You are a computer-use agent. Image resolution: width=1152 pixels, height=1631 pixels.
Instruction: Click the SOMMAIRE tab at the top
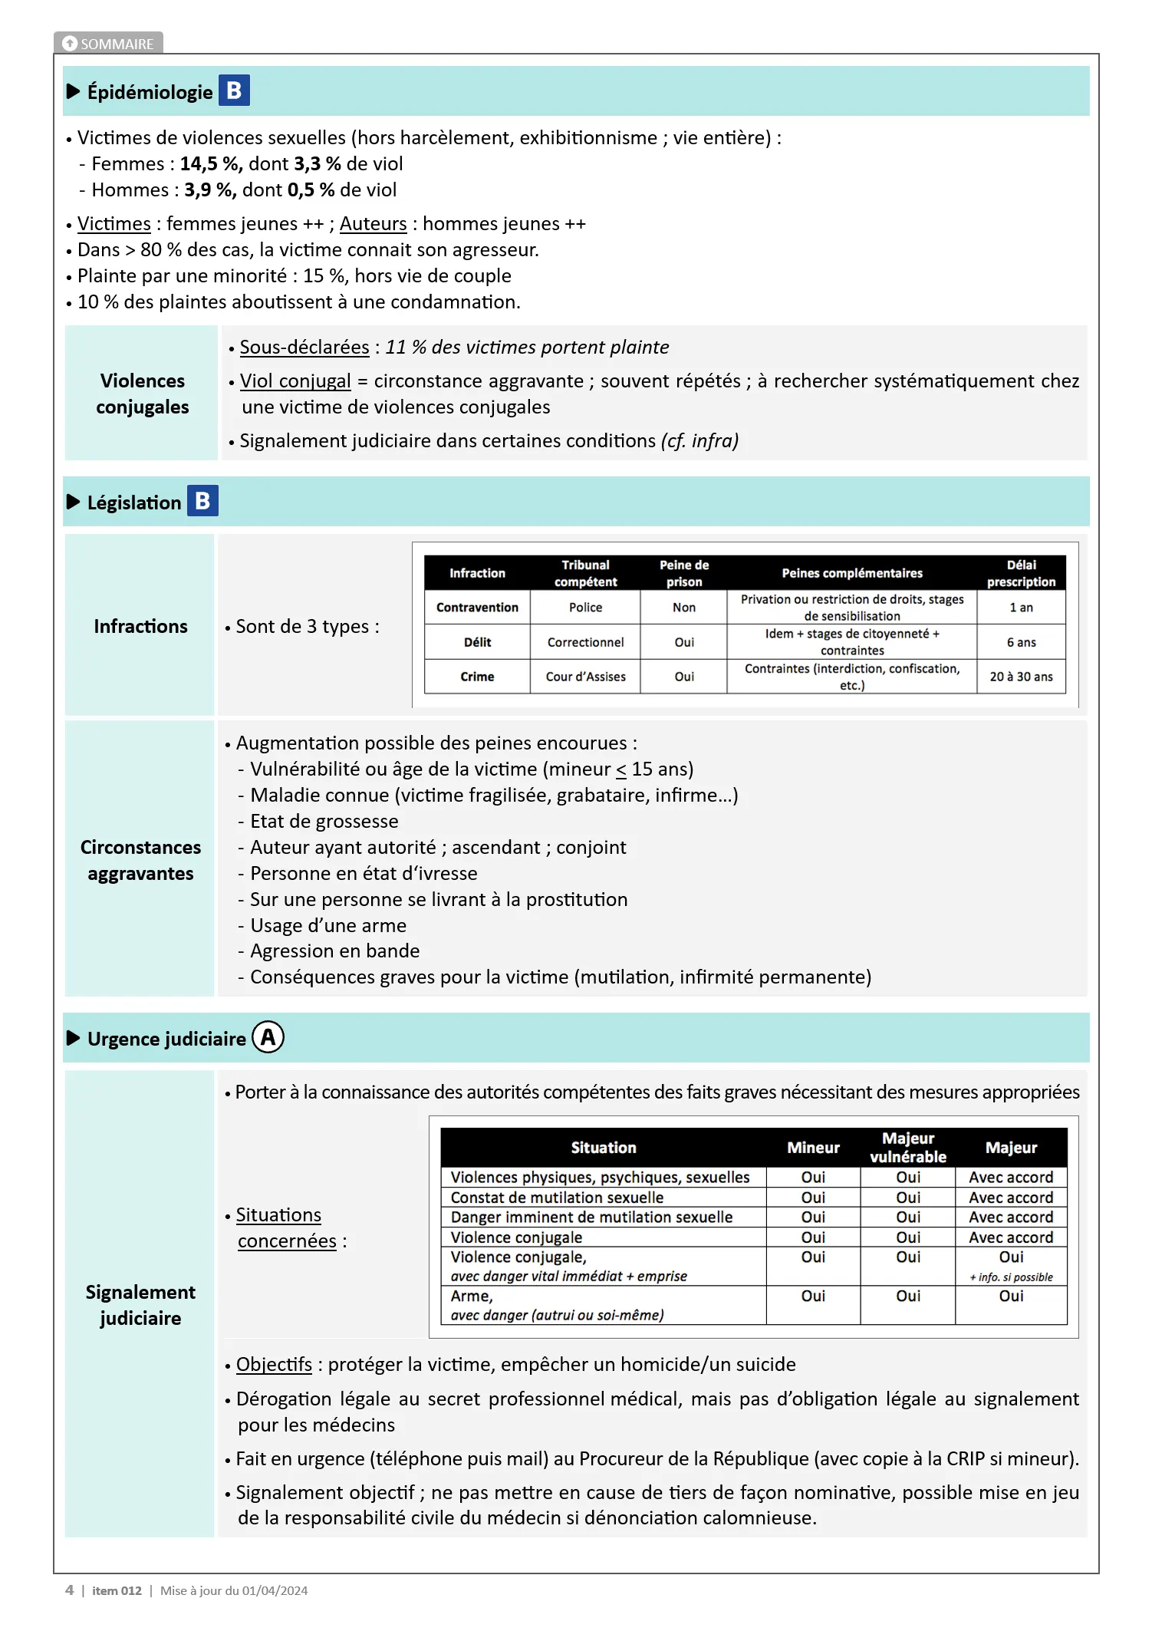pos(108,44)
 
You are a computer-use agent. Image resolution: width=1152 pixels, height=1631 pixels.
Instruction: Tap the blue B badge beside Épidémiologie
pos(234,91)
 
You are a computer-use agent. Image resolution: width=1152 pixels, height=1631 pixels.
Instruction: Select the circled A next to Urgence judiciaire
pos(268,1037)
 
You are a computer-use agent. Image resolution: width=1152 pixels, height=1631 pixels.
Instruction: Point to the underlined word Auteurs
pos(373,224)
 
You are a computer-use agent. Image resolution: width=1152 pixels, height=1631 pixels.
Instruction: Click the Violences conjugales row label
pos(143,394)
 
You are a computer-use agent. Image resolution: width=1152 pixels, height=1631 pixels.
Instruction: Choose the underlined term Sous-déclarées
pos(304,348)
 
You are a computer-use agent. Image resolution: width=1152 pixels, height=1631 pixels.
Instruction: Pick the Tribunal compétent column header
pos(585,573)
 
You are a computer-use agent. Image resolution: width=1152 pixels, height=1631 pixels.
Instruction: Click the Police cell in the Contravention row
pos(585,608)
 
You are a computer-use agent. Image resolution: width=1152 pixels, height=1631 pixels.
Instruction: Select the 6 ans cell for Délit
pos(1021,642)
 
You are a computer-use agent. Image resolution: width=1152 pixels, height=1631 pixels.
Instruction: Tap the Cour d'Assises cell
pos(585,677)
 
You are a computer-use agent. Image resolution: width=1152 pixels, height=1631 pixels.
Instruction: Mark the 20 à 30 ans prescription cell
pos(1021,677)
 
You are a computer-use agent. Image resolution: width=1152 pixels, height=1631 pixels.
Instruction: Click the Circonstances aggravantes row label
pos(140,860)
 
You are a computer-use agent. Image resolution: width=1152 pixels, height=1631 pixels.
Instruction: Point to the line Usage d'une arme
pos(328,926)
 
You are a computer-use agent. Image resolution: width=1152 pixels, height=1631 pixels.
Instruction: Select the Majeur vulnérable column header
pos(908,1148)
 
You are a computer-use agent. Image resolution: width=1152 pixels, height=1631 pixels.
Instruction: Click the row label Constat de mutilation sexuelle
pos(557,1198)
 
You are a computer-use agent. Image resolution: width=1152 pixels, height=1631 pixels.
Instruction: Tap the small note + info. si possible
pos(1011,1277)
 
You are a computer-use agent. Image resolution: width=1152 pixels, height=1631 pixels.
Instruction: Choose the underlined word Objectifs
pos(274,1365)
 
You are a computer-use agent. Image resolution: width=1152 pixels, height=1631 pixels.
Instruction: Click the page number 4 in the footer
pos(70,1590)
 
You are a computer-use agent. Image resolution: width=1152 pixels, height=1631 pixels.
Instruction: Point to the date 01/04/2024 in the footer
pos(275,1591)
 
